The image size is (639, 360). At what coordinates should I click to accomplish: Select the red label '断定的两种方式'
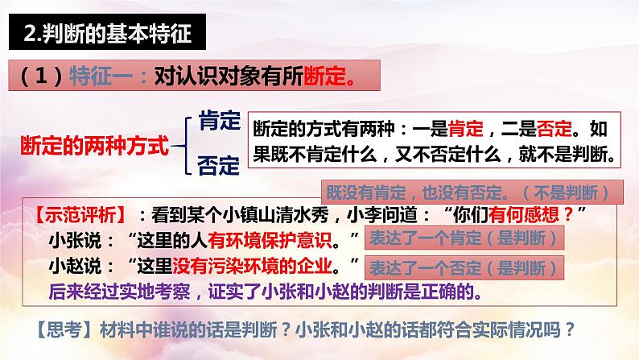pyautogui.click(x=94, y=147)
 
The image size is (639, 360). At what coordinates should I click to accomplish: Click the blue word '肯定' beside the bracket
pyautogui.click(x=218, y=122)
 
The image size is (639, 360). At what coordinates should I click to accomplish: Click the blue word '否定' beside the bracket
pyautogui.click(x=218, y=167)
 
